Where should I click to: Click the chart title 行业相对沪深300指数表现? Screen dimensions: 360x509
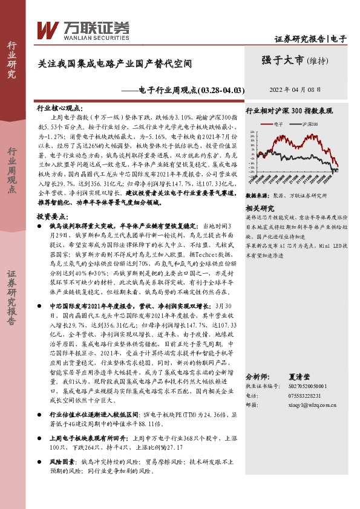(x=289, y=111)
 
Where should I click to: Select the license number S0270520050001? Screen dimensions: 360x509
(x=312, y=386)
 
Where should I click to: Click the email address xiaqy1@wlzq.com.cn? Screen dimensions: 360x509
(x=313, y=406)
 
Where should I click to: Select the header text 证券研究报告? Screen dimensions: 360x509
(x=299, y=39)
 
